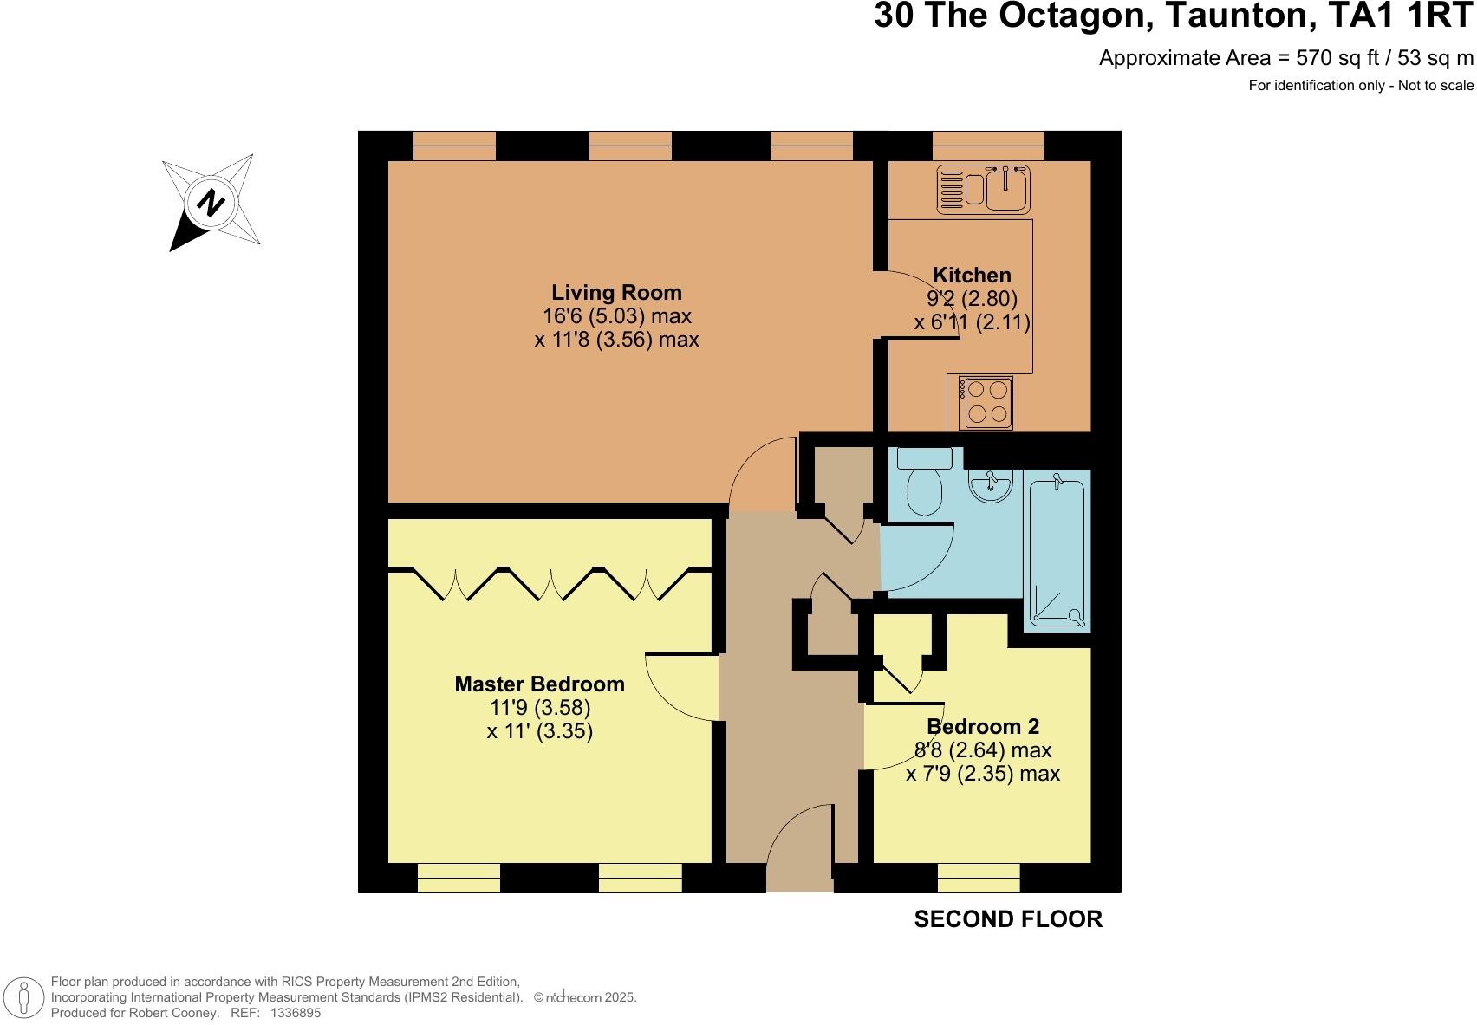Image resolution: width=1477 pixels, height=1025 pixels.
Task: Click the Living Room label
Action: tap(616, 293)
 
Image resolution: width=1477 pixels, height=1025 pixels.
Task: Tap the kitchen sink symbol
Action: tap(983, 190)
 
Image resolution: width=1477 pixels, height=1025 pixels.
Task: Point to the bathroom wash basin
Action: tap(990, 487)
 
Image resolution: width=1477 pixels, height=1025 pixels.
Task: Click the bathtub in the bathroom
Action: tap(1057, 550)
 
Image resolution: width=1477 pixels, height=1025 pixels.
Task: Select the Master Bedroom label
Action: tap(539, 684)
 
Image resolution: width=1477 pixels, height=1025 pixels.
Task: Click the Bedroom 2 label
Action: tap(983, 727)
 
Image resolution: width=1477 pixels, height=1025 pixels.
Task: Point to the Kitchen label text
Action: tap(972, 276)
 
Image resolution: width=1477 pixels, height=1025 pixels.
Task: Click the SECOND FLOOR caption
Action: tap(1008, 919)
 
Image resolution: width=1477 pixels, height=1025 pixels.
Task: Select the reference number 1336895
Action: tap(296, 1013)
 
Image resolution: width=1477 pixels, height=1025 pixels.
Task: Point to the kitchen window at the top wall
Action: tap(988, 146)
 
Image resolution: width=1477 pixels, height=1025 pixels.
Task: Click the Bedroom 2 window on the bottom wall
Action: tap(979, 878)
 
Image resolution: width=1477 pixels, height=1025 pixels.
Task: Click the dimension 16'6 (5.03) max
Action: tap(616, 316)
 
